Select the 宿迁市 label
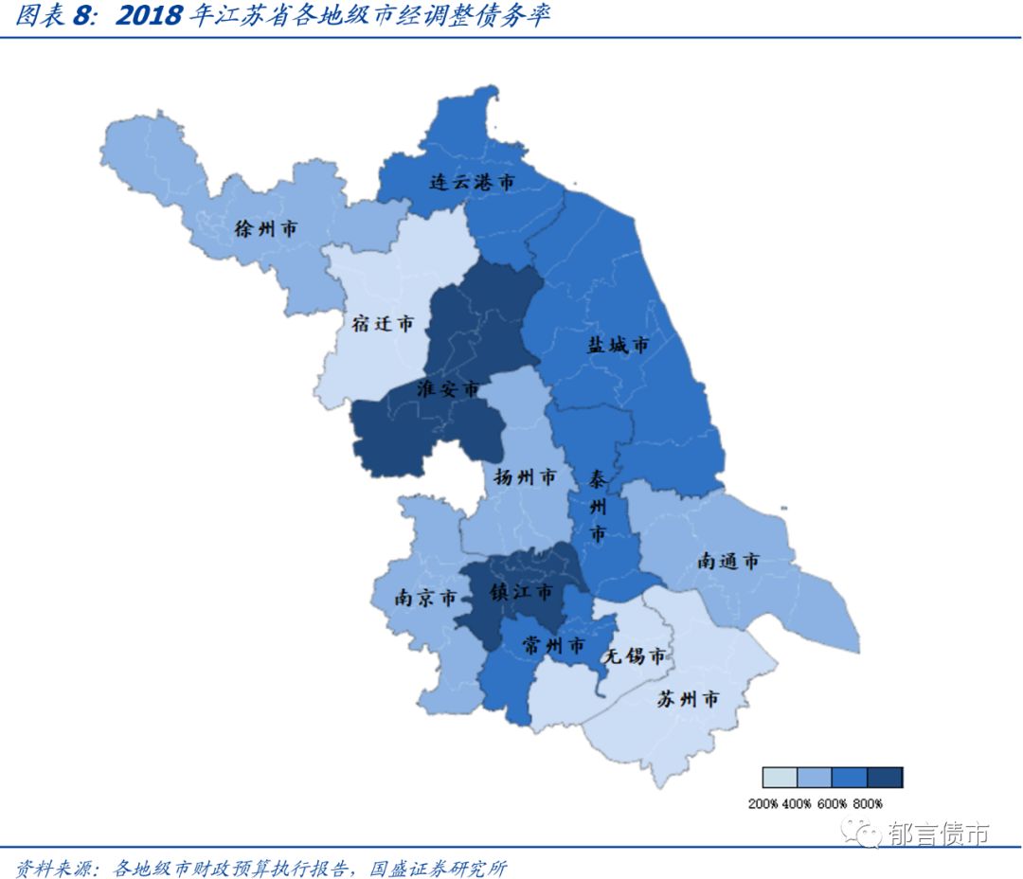coord(383,323)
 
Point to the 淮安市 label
coord(448,389)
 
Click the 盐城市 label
coord(618,346)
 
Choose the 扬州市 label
coord(525,477)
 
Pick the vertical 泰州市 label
coord(598,507)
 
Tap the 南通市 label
coord(728,561)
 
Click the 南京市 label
coord(425,599)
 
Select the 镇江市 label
coord(520,592)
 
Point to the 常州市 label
coord(554,646)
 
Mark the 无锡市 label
coord(635,655)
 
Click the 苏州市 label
coord(688,700)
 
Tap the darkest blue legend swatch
coord(885,778)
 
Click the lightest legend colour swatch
coord(780,778)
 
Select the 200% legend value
coord(763,804)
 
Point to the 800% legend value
coord(868,804)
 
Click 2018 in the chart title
coord(147,17)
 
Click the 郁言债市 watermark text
coord(938,834)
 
